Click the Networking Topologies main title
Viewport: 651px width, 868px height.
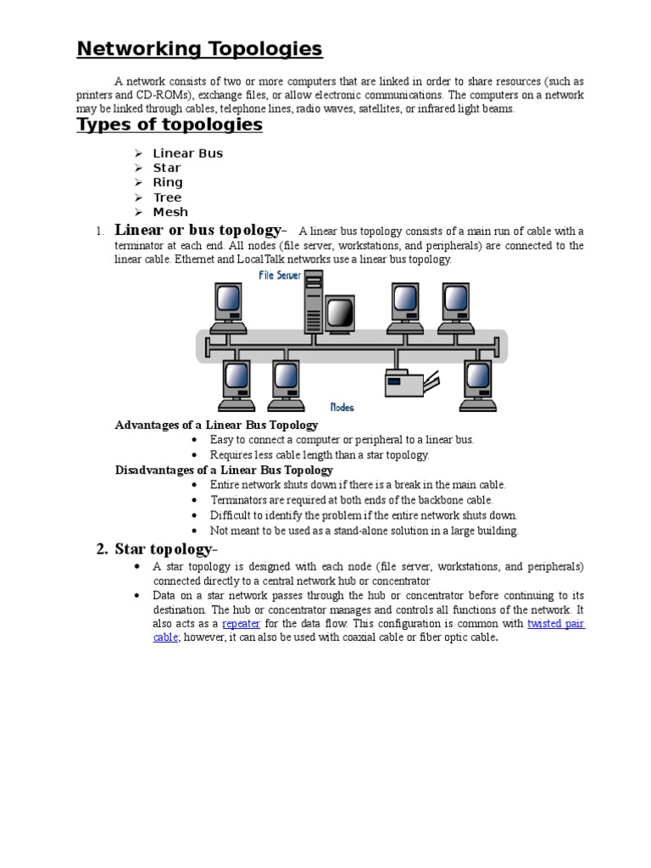pos(199,49)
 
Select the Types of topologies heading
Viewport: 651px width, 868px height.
pos(170,125)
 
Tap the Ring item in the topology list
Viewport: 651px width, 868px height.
pos(167,182)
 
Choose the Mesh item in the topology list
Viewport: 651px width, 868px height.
pos(170,212)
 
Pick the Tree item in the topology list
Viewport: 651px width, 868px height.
pos(167,198)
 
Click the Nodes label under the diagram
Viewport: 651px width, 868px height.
pos(342,407)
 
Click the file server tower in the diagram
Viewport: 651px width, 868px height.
pos(314,302)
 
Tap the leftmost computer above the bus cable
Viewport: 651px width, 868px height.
pos(228,308)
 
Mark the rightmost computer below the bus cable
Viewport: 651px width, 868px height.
pos(479,384)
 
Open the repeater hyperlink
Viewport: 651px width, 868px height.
pos(240,624)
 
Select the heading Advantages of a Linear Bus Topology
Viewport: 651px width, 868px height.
pos(216,425)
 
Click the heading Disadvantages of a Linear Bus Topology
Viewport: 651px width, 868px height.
pos(224,470)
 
